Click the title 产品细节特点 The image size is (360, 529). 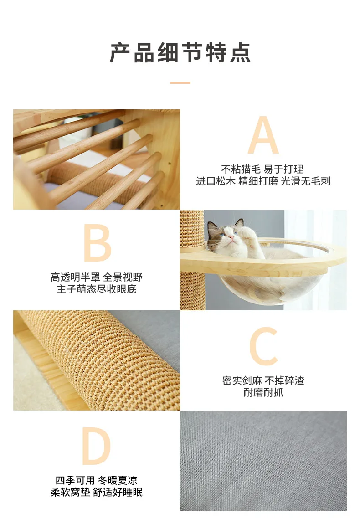[x=180, y=53]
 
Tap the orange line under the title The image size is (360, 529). [x=180, y=82]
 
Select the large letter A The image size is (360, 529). [x=263, y=135]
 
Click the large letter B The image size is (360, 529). [x=97, y=242]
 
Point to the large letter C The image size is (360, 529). [x=263, y=346]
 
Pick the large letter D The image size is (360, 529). [x=97, y=446]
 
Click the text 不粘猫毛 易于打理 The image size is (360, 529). [x=262, y=169]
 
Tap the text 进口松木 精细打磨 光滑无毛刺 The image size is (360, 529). [x=263, y=181]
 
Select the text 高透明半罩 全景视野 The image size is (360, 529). [x=97, y=277]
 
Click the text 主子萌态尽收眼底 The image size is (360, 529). [x=97, y=289]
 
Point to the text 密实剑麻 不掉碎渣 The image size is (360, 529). [x=263, y=380]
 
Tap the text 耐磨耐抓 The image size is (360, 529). [x=263, y=392]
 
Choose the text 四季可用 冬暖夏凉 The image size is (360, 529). [x=97, y=480]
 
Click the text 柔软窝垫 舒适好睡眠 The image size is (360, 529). [x=97, y=492]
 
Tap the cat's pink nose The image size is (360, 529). [x=231, y=238]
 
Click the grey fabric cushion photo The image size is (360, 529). [x=263, y=461]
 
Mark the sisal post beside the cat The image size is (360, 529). [x=193, y=260]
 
